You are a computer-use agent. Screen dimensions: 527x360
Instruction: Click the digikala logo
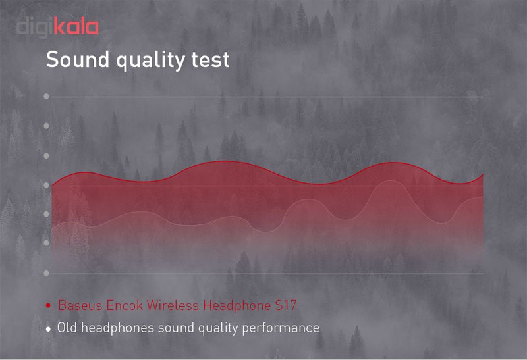[x=57, y=27]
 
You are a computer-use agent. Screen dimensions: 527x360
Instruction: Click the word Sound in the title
[x=78, y=59]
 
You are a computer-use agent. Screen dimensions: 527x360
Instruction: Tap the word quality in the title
[x=150, y=61]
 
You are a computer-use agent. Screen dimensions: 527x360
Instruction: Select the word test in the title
[x=210, y=60]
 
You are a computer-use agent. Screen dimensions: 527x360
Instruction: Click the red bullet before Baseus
[x=48, y=305]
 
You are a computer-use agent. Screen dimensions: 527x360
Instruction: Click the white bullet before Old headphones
[x=48, y=329]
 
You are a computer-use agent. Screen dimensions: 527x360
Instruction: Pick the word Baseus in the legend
[x=80, y=305]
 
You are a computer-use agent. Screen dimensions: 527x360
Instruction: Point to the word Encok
[x=125, y=305]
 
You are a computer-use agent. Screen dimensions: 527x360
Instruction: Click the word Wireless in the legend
[x=173, y=305]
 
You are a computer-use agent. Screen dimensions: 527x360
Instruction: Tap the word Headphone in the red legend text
[x=237, y=306]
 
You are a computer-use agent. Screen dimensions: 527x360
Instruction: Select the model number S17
[x=286, y=305]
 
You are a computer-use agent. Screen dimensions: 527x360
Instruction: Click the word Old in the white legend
[x=67, y=328]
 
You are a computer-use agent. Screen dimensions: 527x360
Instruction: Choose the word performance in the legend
[x=281, y=328]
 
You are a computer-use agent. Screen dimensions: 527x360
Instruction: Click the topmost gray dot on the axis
[x=46, y=97]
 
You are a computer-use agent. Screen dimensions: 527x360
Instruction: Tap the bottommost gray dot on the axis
[x=46, y=273]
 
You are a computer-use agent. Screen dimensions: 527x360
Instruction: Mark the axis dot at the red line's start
[x=46, y=185]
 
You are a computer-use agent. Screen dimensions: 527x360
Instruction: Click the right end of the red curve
[x=484, y=174]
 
